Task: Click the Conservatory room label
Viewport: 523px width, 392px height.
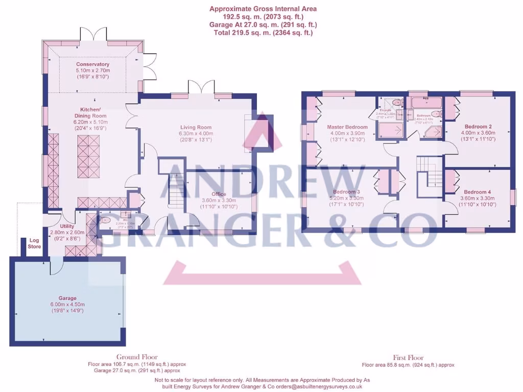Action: tap(93, 64)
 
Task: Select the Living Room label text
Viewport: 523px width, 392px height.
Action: tap(195, 128)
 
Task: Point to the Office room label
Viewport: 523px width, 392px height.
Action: tap(219, 194)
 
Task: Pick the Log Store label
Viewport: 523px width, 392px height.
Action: tap(34, 243)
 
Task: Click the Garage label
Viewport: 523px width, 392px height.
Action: tap(67, 298)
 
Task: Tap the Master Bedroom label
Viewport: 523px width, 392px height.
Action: tap(347, 127)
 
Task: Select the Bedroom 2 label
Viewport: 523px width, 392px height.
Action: tap(478, 126)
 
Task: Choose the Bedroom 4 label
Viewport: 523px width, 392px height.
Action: tap(474, 192)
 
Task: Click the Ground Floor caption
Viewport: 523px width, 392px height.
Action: tap(137, 357)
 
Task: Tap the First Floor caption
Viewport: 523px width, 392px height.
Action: tap(408, 358)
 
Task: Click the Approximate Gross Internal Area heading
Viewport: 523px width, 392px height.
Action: tap(263, 9)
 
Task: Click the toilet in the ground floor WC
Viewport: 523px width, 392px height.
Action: tap(105, 220)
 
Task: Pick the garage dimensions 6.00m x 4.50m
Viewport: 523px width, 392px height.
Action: tap(67, 304)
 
